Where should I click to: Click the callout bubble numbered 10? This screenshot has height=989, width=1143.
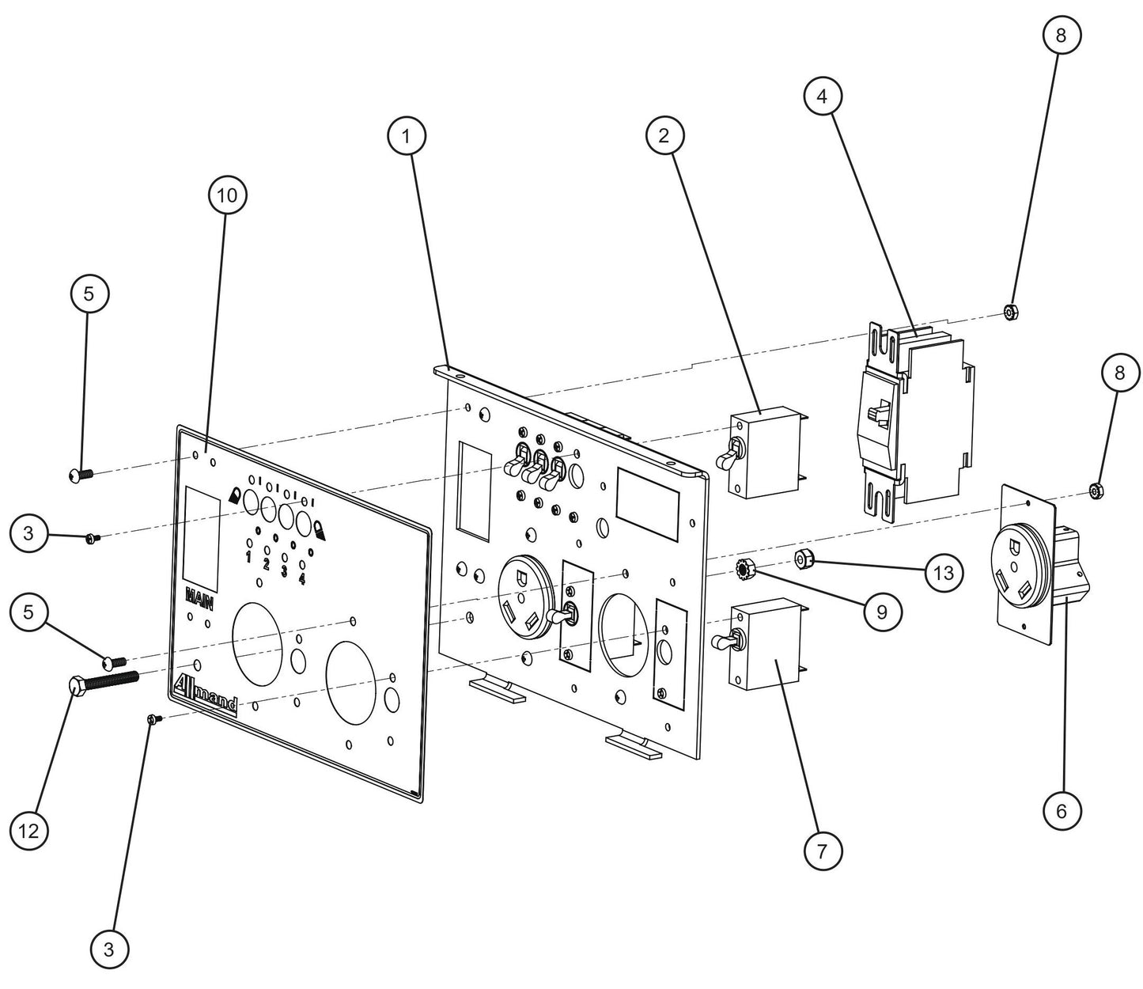tap(227, 195)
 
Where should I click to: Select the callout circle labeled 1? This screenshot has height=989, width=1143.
tap(407, 136)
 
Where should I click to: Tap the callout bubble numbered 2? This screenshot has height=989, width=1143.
tap(664, 135)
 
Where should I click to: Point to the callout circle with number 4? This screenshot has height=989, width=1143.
tap(823, 97)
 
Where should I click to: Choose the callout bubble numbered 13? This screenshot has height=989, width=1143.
tap(944, 572)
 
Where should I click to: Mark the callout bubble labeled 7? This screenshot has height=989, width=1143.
tap(823, 851)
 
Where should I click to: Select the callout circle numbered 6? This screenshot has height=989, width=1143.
tap(1061, 810)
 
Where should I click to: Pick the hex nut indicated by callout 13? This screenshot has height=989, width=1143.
tap(804, 561)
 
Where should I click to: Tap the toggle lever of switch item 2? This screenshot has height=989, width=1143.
tap(726, 457)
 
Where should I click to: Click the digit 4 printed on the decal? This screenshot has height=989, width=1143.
tap(302, 579)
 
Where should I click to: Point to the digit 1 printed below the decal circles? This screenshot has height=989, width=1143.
tap(248, 557)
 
